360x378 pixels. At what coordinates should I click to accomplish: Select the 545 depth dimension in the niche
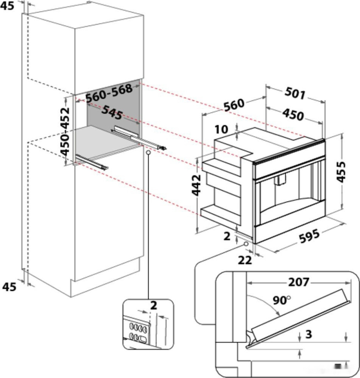112,113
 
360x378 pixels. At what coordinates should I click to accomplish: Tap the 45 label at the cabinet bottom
9,287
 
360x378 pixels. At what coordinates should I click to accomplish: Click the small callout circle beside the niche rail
149,154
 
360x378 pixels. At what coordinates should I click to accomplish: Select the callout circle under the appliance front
246,244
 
